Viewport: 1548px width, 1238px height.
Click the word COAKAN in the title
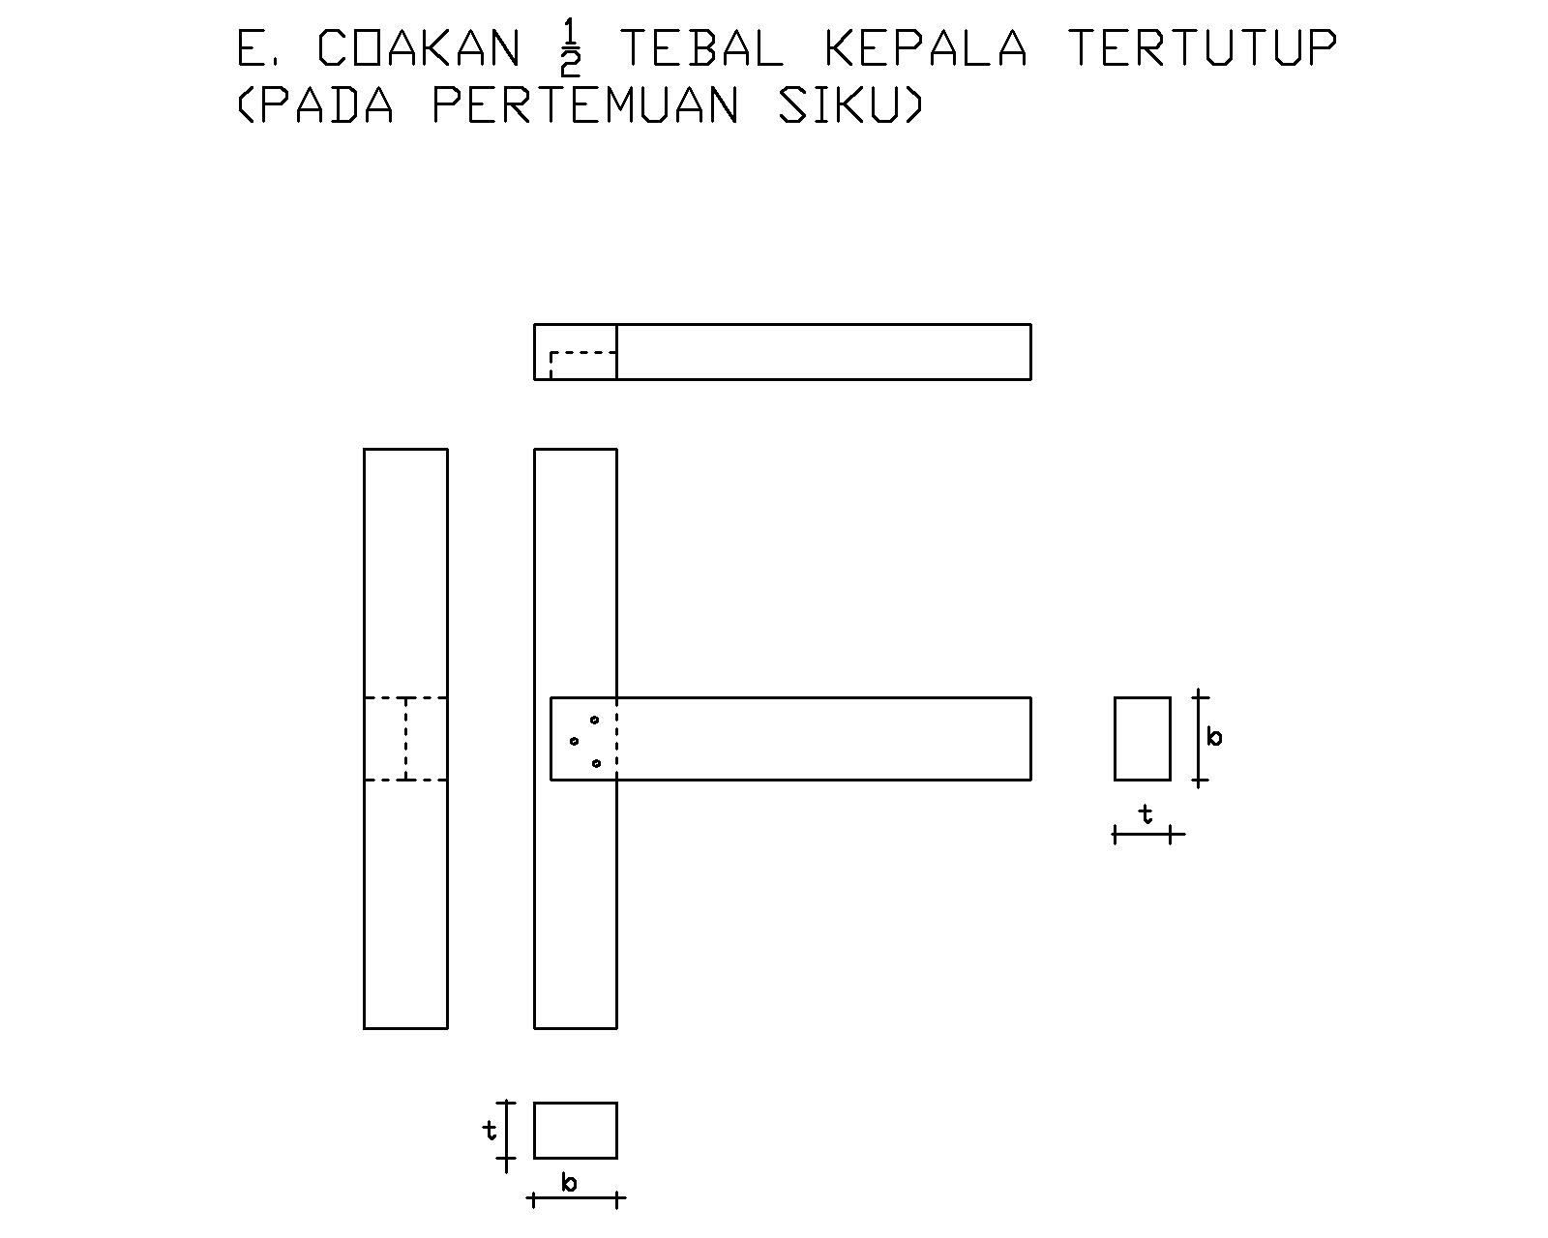418,48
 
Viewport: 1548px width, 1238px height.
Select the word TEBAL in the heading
700,48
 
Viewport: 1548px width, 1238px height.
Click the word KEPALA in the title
925,48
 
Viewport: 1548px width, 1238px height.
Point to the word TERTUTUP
1203,48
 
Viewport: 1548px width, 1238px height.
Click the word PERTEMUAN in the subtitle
585,105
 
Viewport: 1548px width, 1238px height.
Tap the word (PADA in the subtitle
315,105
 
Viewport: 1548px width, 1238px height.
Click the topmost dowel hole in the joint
595,720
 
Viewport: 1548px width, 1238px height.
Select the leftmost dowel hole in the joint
575,742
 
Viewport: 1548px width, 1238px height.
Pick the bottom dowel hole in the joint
596,763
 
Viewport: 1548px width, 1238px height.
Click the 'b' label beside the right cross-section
1215,737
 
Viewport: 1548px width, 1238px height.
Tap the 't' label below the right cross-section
1146,815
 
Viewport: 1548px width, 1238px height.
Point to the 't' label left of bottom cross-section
491,1129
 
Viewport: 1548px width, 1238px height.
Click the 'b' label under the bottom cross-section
570,1182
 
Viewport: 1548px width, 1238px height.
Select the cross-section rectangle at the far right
1142,738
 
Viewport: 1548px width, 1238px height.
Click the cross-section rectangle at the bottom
575,1130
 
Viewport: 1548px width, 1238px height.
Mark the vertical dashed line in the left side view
406,738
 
